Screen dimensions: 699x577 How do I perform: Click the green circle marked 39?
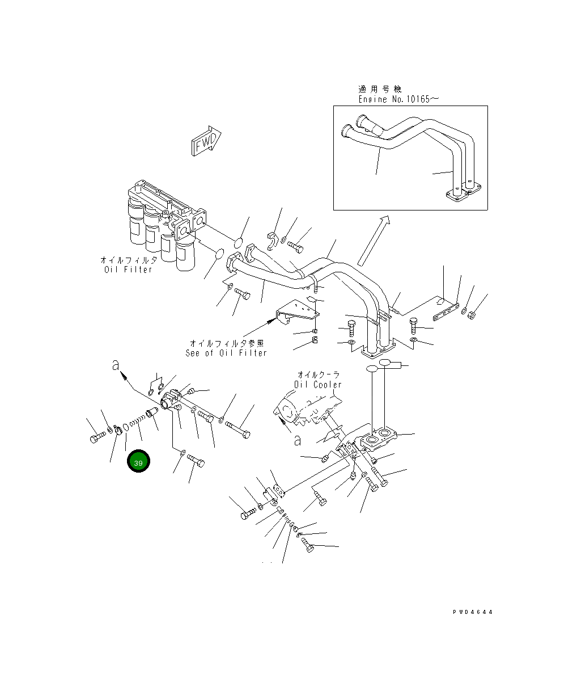[x=139, y=462]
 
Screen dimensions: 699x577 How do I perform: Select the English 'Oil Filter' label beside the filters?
[x=129, y=270]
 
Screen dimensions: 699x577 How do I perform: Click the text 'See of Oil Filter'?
[x=226, y=353]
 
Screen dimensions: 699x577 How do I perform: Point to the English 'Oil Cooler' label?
[x=318, y=384]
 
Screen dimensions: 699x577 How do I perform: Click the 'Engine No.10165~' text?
[x=398, y=99]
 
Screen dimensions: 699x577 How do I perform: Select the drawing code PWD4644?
[x=472, y=612]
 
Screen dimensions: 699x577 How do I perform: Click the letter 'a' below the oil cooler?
[x=296, y=440]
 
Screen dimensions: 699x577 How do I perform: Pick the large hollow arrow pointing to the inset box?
[x=372, y=241]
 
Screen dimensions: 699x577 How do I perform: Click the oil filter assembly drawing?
[x=164, y=224]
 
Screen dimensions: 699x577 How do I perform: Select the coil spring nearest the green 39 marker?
[x=137, y=423]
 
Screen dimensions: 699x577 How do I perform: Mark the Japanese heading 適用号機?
[x=379, y=89]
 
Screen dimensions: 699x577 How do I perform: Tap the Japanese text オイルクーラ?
[x=319, y=374]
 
